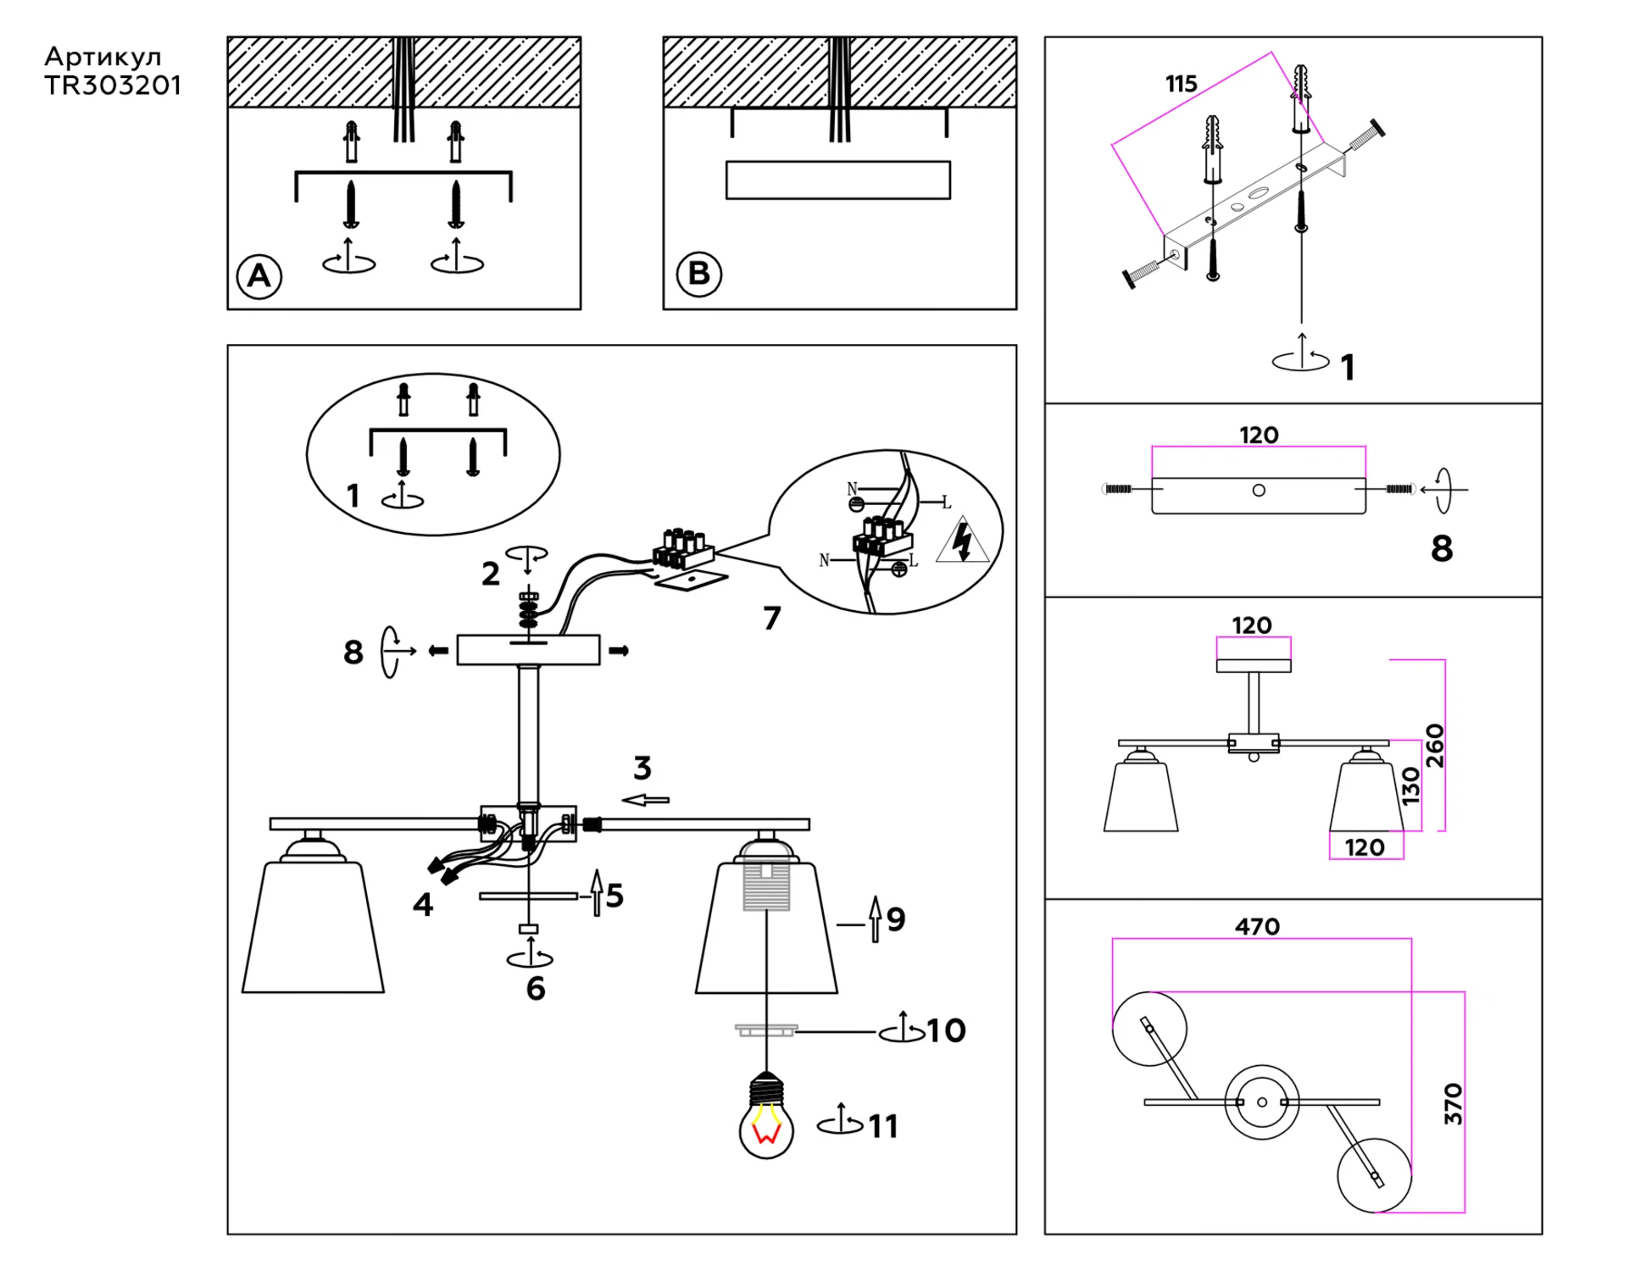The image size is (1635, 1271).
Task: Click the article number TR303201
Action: click(x=113, y=86)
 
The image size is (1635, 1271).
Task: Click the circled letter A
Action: click(x=259, y=275)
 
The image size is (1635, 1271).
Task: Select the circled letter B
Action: click(x=698, y=274)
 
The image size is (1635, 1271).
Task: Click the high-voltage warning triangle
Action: click(x=963, y=544)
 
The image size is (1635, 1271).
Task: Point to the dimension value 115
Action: click(x=1181, y=84)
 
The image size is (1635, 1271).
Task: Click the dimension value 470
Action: click(x=1257, y=926)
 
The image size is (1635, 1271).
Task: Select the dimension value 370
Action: click(x=1453, y=1103)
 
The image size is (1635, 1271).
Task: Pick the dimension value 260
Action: click(x=1434, y=746)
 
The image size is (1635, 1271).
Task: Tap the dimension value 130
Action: click(x=1410, y=785)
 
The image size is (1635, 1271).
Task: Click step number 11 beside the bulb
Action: click(x=882, y=1126)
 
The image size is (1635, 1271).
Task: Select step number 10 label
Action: click(x=946, y=1030)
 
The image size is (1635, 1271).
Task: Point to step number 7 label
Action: click(x=771, y=618)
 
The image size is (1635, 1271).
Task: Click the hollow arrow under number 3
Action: click(x=646, y=799)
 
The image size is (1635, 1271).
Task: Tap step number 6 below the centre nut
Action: click(x=536, y=988)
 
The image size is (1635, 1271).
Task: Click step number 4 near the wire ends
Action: click(x=423, y=904)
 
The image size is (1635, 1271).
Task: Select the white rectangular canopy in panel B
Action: click(x=837, y=180)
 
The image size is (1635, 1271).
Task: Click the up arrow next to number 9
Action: click(x=876, y=919)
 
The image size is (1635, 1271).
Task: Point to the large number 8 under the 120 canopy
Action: click(x=1442, y=548)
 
